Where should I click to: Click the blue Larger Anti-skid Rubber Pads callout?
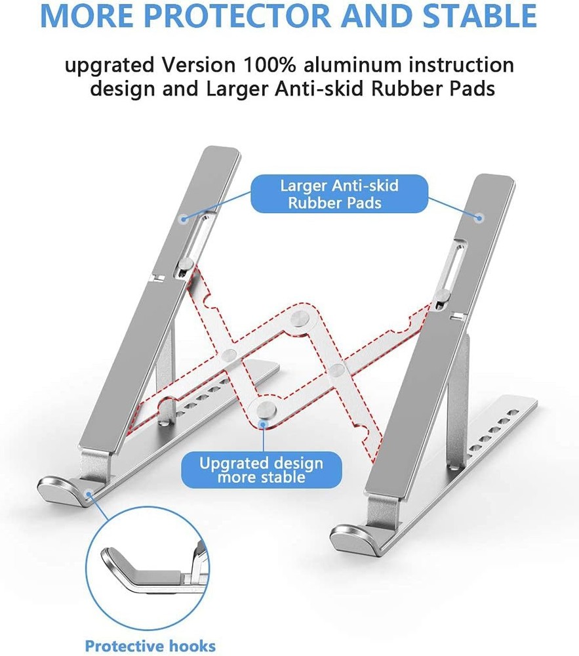pos(339,194)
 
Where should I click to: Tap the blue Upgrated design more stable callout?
pos(261,470)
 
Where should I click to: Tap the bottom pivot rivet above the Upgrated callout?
pos(264,411)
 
